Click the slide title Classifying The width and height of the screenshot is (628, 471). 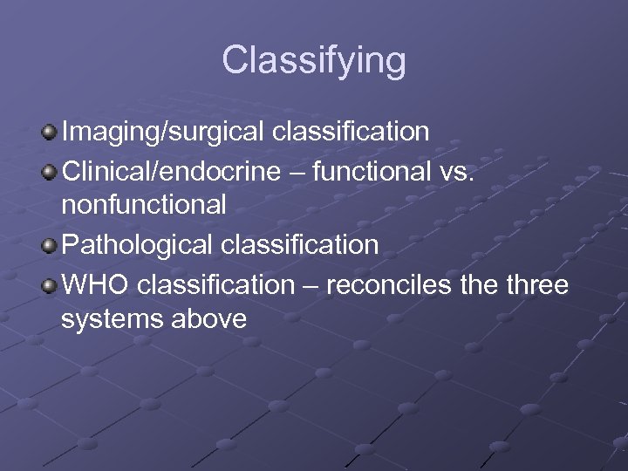(313, 61)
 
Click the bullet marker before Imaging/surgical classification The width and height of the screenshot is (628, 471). (50, 132)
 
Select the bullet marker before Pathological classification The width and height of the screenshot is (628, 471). (50, 245)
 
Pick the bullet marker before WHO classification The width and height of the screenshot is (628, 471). (50, 284)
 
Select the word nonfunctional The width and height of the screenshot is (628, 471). (144, 206)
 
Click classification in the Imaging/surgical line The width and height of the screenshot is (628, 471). (351, 133)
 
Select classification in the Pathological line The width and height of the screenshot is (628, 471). (299, 245)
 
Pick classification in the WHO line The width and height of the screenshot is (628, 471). (216, 284)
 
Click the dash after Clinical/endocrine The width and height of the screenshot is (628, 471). (298, 172)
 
